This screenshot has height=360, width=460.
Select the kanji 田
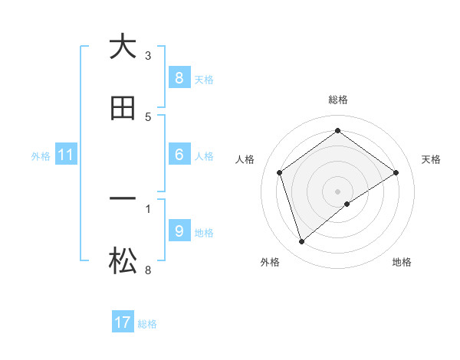point(123,109)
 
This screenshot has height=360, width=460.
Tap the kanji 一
point(123,199)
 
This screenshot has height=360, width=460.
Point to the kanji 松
point(123,262)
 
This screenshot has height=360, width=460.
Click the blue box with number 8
point(179,77)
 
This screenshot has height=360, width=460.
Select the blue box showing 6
point(179,155)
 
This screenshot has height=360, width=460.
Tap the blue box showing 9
point(179,231)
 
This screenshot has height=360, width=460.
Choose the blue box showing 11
point(65,155)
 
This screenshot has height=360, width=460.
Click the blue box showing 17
point(123,322)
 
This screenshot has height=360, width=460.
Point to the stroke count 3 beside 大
point(148,55)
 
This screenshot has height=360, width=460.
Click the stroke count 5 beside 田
point(148,117)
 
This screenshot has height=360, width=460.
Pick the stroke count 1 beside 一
point(148,208)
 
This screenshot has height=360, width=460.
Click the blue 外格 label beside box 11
point(41,156)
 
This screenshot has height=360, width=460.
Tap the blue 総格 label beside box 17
point(147,324)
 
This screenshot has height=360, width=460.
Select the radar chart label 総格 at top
point(338,100)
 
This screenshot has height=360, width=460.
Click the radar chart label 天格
point(432,159)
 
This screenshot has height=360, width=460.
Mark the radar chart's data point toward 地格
point(347,204)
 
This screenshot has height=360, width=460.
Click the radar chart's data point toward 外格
point(301,242)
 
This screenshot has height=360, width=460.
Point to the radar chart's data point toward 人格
point(280,172)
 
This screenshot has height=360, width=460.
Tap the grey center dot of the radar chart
point(338,191)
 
